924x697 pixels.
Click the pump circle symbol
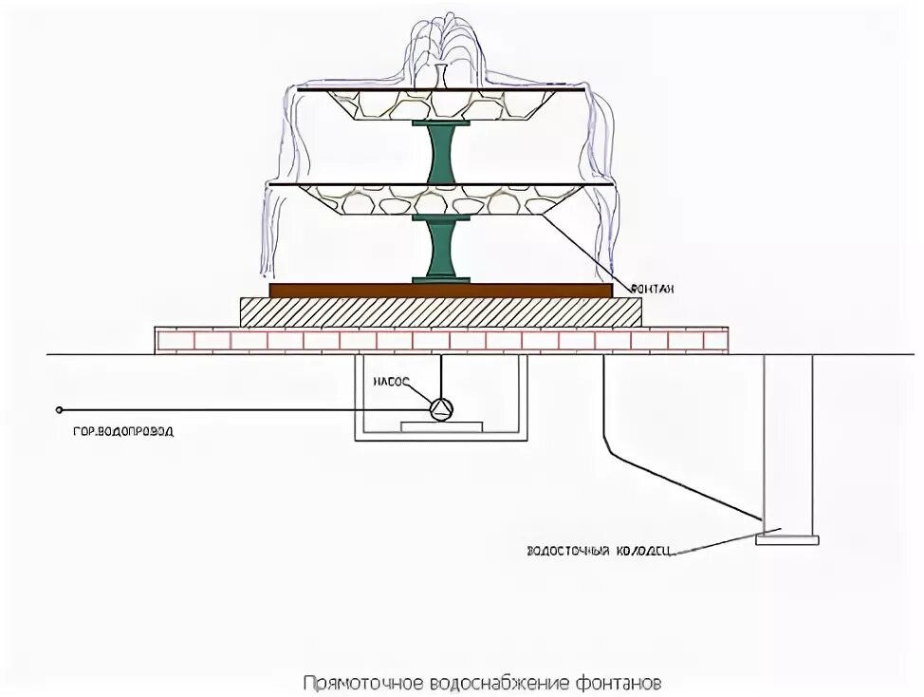pos(442,409)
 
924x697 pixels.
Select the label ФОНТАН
pos(653,288)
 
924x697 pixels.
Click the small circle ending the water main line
pos(60,409)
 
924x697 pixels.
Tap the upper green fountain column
pos(442,153)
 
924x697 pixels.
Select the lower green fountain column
pos(442,249)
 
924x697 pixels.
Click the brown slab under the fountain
pos(441,290)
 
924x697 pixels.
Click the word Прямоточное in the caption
pos(364,683)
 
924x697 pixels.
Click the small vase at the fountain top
pos(441,76)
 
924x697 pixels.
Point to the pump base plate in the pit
pos(442,426)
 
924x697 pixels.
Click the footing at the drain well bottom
pos(786,539)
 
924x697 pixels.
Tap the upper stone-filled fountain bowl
pos(442,104)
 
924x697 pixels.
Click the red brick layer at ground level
pos(441,340)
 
